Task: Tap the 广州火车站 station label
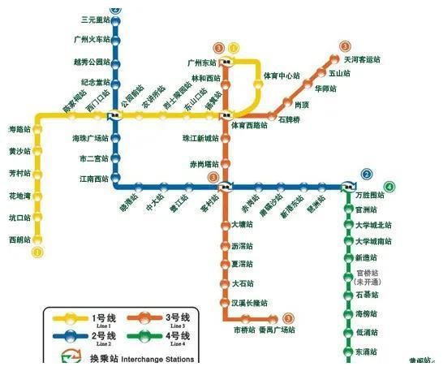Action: click(x=90, y=40)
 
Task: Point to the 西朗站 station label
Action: click(x=18, y=239)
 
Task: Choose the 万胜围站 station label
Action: click(x=371, y=196)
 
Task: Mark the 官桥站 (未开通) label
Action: click(x=372, y=276)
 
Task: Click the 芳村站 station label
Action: click(x=18, y=173)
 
